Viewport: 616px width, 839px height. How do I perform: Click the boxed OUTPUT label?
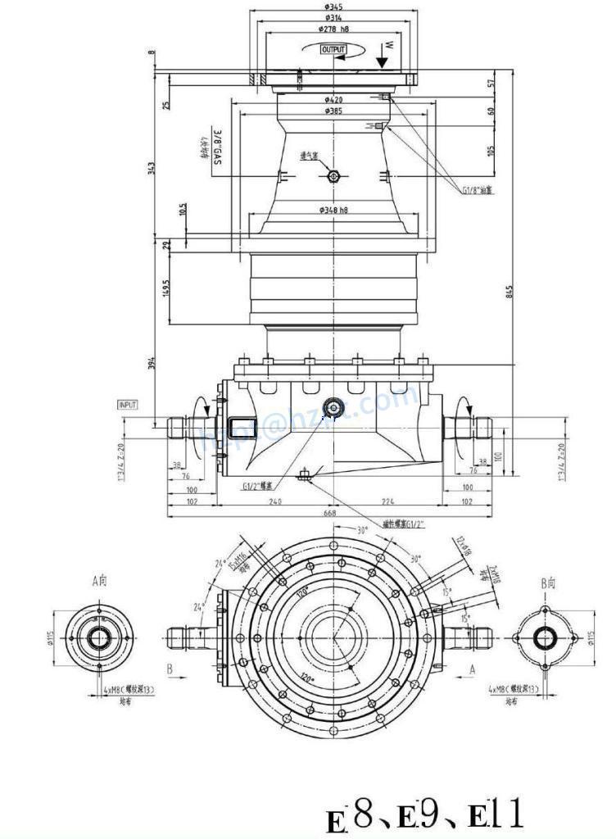[x=333, y=50]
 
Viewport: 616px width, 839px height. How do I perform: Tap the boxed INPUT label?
[x=128, y=405]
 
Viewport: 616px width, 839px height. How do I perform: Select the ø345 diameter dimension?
[x=333, y=7]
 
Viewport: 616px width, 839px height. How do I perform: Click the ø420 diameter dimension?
[x=333, y=100]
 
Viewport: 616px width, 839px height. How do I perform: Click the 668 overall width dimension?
[x=331, y=513]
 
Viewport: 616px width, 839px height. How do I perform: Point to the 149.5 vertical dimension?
[x=166, y=288]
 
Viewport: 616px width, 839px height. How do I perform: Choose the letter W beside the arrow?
[x=389, y=43]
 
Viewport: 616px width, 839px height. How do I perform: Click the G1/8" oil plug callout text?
[x=480, y=190]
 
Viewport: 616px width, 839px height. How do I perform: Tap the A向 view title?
[x=99, y=581]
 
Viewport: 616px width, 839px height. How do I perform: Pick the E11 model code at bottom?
[x=494, y=815]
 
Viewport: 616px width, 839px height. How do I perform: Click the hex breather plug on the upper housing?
[x=333, y=177]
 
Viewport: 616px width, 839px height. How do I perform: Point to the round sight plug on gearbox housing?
[x=333, y=407]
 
